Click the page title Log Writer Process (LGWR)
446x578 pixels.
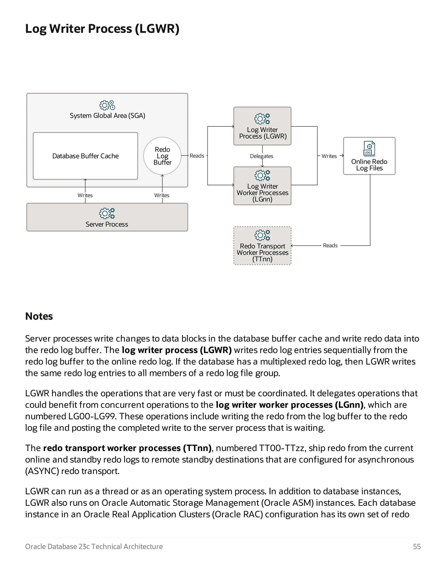(x=102, y=29)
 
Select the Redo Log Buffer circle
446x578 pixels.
(x=162, y=156)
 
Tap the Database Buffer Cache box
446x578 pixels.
(x=85, y=156)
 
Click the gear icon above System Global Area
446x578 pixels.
(x=107, y=105)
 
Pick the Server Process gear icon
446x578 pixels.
(x=107, y=213)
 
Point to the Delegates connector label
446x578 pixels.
(x=261, y=156)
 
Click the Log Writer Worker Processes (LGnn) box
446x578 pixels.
(x=262, y=186)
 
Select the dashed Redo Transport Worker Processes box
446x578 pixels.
(x=262, y=246)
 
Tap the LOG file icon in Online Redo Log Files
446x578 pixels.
(x=369, y=149)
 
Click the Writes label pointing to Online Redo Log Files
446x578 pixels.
(x=329, y=156)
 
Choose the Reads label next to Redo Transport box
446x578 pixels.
(x=330, y=246)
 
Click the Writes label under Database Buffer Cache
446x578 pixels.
(x=85, y=195)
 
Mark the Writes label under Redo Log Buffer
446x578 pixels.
(x=162, y=195)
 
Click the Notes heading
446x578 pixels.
(x=39, y=316)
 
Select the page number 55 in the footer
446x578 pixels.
(x=417, y=547)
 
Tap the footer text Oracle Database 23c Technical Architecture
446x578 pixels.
(x=94, y=547)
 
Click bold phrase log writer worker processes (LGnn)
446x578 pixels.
(x=290, y=405)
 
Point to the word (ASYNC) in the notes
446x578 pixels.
(x=42, y=471)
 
